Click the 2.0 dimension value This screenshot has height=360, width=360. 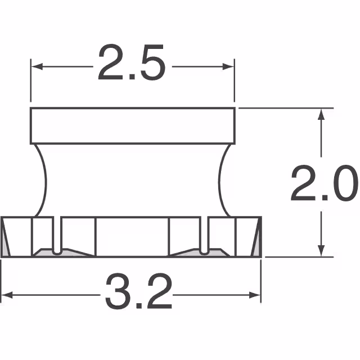coord(323,183)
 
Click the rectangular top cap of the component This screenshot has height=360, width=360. coord(132,125)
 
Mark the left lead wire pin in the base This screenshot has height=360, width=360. coord(57,236)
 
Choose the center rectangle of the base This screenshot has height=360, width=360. coord(132,236)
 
